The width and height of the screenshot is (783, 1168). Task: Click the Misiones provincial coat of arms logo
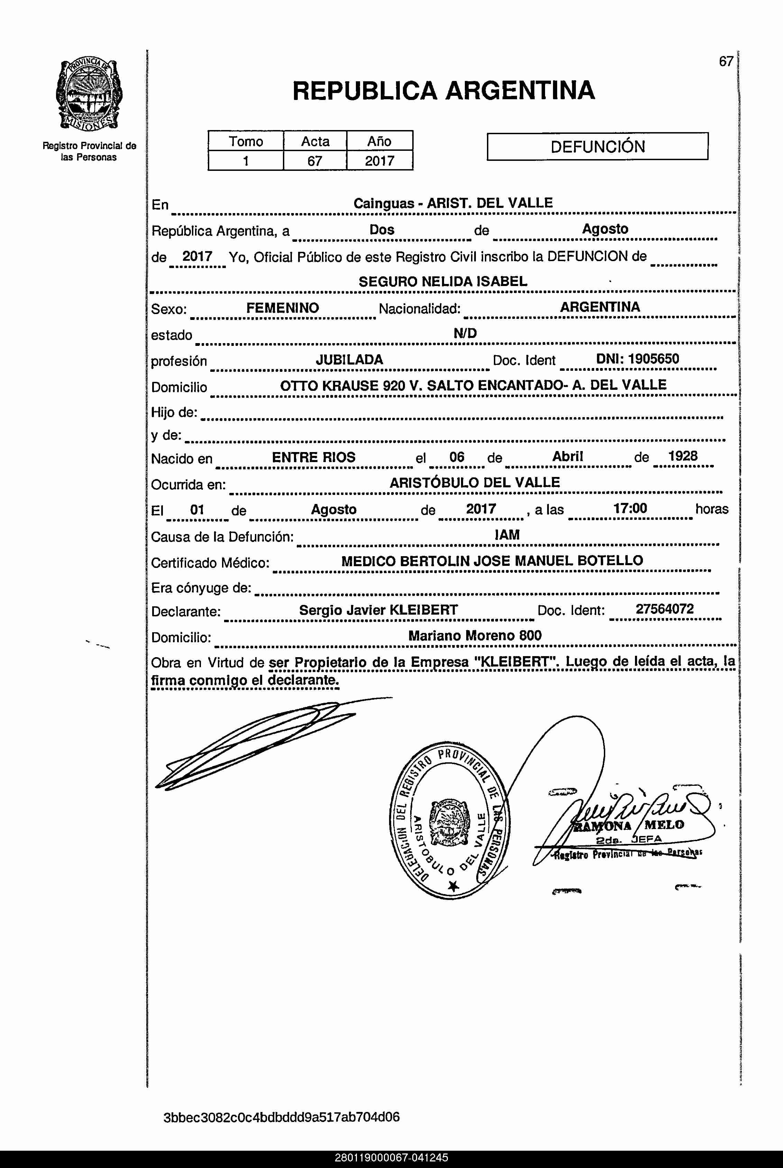point(89,95)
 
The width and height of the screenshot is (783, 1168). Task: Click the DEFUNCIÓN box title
point(597,146)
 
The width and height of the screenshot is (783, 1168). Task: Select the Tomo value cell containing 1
point(246,161)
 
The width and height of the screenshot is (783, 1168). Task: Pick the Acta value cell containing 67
point(315,161)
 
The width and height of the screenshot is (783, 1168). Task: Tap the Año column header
point(379,141)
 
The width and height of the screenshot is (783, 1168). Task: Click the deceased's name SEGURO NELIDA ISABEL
point(442,282)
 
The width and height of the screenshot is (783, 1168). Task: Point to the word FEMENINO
point(282,307)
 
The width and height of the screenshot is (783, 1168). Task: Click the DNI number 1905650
point(653,359)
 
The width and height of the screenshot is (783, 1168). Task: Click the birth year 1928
point(683,456)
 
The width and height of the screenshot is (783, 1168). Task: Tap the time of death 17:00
point(630,508)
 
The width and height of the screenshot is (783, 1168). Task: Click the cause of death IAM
point(507,535)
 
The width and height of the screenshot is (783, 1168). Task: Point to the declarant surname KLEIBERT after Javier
point(423,610)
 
